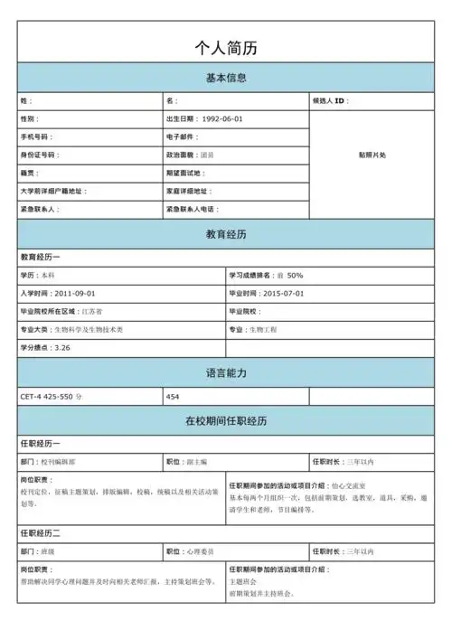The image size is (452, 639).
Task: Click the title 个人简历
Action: coord(226,48)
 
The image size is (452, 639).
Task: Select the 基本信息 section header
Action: coord(226,78)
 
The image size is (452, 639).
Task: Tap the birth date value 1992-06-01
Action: coord(221,119)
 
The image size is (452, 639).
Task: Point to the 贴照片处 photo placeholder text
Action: coord(372,155)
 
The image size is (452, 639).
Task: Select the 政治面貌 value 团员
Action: coord(207,155)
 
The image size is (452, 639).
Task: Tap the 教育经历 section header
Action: coord(226,234)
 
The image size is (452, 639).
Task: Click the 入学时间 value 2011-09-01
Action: coord(75,294)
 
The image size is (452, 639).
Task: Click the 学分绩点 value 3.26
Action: coord(62,348)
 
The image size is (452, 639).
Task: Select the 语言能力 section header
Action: coord(226,372)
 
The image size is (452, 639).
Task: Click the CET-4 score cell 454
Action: coord(174,397)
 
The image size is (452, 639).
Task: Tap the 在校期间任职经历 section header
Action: coord(226,421)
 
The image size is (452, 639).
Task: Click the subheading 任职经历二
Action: coord(41,533)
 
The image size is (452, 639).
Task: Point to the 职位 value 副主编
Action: coord(197,462)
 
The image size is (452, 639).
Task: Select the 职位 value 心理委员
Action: coord(202,551)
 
